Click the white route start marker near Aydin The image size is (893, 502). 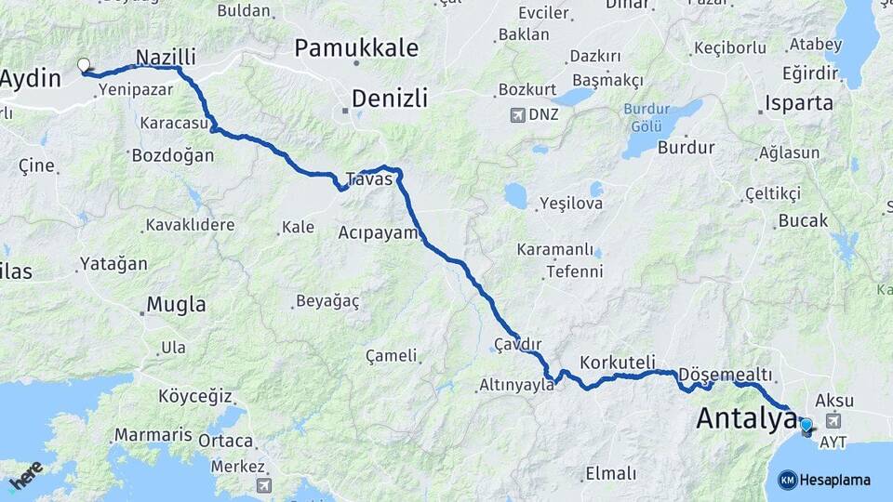[84, 65]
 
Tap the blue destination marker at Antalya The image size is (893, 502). [806, 426]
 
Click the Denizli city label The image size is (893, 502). [390, 98]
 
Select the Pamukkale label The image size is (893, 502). [356, 47]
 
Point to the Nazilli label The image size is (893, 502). [166, 57]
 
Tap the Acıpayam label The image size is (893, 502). [379, 231]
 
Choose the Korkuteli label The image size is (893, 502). [618, 362]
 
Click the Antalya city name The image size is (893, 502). [747, 418]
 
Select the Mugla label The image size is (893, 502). [177, 304]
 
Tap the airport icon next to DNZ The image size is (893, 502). [516, 115]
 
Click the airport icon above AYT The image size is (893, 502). [832, 421]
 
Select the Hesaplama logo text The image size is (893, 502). [835, 480]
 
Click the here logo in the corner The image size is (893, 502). [26, 474]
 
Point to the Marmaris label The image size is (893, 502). [153, 434]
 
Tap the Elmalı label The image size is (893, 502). [611, 474]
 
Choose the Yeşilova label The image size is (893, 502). [571, 203]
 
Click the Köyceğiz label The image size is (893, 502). [194, 396]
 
